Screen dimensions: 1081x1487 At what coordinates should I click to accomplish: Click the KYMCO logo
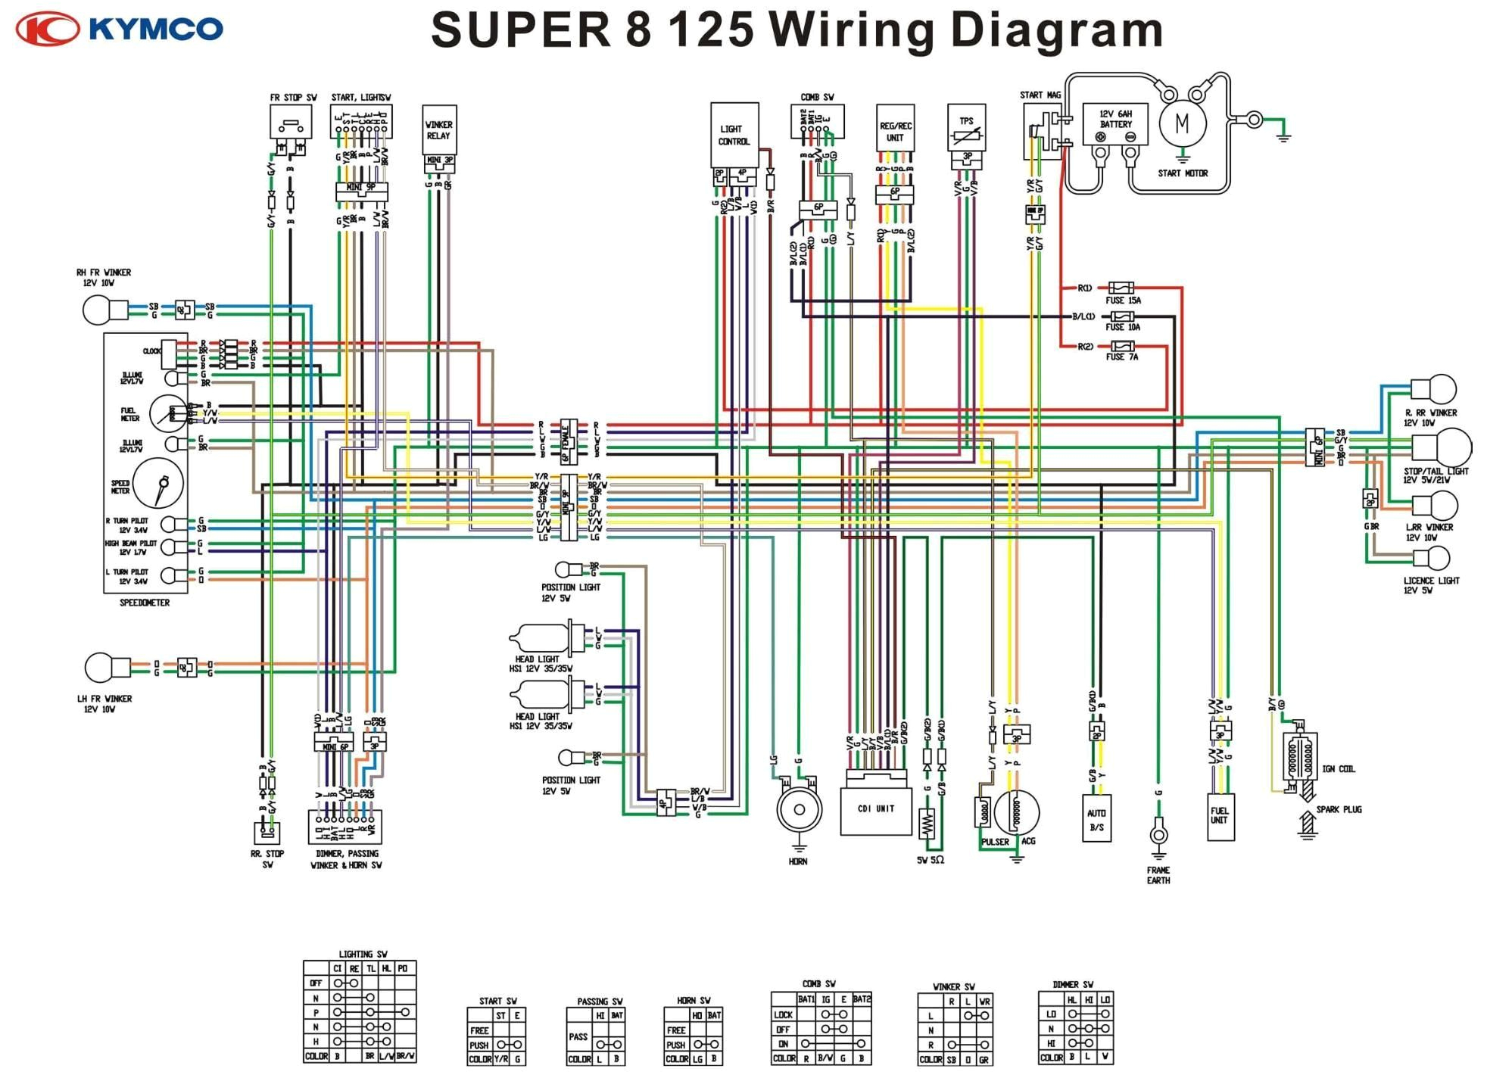pos(120,29)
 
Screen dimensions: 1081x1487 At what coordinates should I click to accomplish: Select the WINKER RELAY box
pos(439,129)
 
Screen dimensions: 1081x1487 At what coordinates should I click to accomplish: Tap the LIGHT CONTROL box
pos(734,135)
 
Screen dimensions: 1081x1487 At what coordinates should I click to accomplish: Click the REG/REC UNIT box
pos(895,132)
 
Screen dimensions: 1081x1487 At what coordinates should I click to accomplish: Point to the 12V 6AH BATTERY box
pos(1115,123)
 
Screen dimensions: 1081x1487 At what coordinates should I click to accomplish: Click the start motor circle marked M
pos(1182,123)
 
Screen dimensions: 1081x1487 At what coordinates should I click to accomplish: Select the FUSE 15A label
pos(1123,301)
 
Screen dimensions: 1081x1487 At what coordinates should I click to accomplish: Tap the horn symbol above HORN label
pos(799,809)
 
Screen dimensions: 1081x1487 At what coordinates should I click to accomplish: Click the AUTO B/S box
pos(1096,818)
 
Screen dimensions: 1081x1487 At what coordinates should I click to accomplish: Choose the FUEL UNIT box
pos(1220,816)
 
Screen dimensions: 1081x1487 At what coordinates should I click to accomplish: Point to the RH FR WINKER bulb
pos(97,310)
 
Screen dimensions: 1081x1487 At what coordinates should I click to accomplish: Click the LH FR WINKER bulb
pos(100,668)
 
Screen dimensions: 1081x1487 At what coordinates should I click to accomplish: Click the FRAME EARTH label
pos(1158,875)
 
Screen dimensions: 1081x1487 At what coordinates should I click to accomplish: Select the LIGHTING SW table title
pos(363,954)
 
